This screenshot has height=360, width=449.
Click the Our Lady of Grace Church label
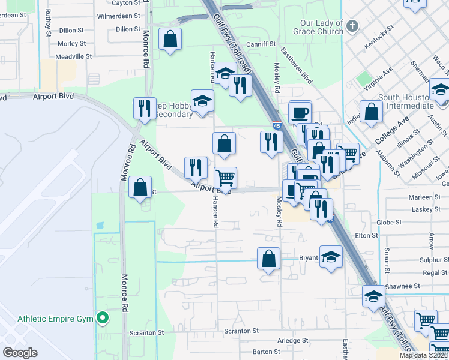pyautogui.click(x=321, y=28)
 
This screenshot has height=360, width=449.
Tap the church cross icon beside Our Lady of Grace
pyautogui.click(x=352, y=26)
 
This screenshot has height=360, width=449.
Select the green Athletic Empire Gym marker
pyautogui.click(x=103, y=319)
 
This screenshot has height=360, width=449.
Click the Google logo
pyautogui.click(x=20, y=353)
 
